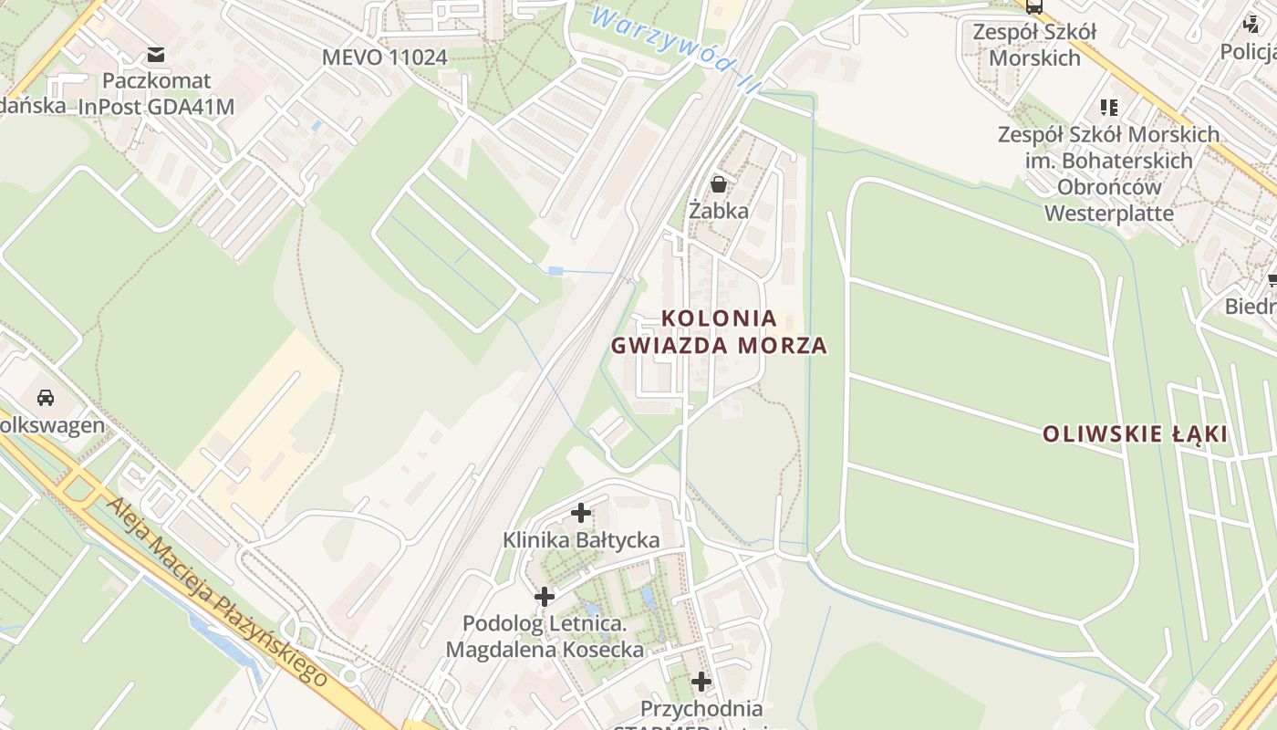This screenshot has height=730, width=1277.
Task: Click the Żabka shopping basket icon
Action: (719, 184)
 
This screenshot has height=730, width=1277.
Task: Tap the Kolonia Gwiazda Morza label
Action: (719, 332)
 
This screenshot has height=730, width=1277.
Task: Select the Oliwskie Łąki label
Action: (1136, 434)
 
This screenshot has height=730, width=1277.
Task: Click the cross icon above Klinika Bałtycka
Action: (581, 513)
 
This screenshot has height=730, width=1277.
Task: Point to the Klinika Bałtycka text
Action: (581, 540)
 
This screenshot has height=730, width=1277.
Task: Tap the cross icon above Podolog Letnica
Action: (545, 597)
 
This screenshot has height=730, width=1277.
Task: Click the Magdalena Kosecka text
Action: (545, 650)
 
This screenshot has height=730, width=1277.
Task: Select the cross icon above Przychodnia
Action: (701, 682)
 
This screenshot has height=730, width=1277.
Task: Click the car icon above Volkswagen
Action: (46, 398)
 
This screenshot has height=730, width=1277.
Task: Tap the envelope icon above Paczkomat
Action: (156, 55)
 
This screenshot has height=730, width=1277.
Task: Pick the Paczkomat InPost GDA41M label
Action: (156, 94)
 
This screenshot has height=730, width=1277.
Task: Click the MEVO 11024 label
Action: (384, 57)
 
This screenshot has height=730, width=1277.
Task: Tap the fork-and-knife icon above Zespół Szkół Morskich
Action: (1108, 108)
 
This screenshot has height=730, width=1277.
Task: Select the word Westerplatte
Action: (1108, 214)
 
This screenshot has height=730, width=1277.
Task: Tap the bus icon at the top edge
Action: (1033, 6)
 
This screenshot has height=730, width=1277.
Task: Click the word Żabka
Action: (719, 211)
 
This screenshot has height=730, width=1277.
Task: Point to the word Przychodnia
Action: (701, 708)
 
